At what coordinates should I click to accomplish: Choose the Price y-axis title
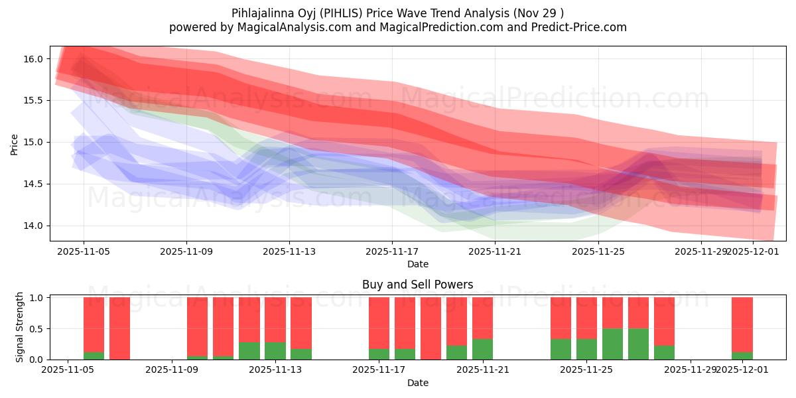tap(15, 144)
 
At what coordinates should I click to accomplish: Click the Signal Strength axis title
tap(20, 327)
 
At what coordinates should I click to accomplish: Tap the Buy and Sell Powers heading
tap(417, 285)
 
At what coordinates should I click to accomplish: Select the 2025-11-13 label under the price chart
tap(289, 252)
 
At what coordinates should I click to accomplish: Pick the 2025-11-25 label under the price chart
tap(598, 252)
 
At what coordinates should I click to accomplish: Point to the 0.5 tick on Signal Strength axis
tap(37, 329)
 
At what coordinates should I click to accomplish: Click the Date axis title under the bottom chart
tap(417, 383)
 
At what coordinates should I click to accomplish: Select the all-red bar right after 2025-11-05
tap(119, 328)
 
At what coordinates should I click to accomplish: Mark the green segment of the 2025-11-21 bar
tap(482, 349)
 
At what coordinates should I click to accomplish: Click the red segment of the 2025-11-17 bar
tap(379, 322)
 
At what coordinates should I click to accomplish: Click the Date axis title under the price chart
tap(417, 264)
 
